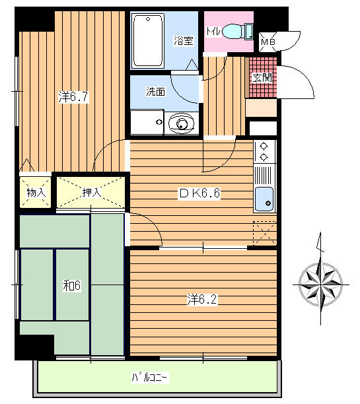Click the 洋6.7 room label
tap(73, 97)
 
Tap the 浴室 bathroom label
tap(184, 40)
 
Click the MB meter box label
tap(268, 42)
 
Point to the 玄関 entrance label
tap(262, 77)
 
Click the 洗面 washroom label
tap(155, 92)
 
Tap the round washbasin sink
tap(181, 123)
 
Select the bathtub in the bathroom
tap(148, 40)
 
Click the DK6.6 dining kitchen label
tap(200, 193)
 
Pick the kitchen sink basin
tap(264, 199)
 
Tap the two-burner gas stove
tap(264, 152)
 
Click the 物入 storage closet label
tap(36, 192)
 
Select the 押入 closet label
tap(92, 192)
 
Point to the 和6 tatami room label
tap(72, 285)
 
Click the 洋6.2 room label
tap(202, 300)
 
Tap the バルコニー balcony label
tap(150, 378)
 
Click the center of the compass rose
tap(321, 285)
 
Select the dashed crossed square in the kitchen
tap(265, 233)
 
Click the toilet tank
tap(249, 32)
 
